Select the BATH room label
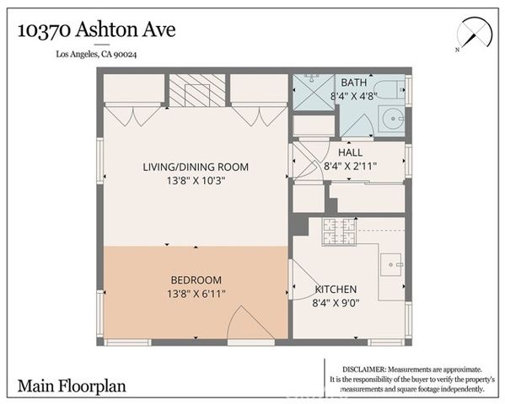(x=352, y=82)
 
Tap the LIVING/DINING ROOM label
(x=196, y=166)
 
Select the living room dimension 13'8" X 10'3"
(x=196, y=180)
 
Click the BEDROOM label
(x=196, y=279)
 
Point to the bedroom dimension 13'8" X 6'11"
(x=196, y=294)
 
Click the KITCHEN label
(x=336, y=288)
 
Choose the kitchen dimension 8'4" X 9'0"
(x=336, y=302)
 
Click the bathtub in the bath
(x=389, y=89)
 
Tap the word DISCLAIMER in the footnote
(x=363, y=369)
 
